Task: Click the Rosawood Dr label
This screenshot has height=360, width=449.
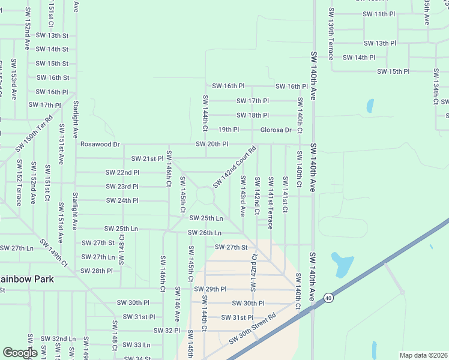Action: [x=100, y=145]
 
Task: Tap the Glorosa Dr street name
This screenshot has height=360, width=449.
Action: [x=276, y=130]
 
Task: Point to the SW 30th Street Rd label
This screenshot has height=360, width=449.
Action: [x=252, y=329]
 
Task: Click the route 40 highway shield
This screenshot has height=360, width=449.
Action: [x=328, y=297]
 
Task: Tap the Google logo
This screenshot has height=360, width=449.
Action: [x=20, y=353]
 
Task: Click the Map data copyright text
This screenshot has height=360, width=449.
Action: [x=423, y=355]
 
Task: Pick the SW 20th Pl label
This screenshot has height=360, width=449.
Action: [x=212, y=145]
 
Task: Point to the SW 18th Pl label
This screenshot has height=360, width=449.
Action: [x=253, y=115]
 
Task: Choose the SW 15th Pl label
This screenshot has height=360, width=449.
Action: [x=393, y=71]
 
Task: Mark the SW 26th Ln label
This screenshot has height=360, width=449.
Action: [x=204, y=233]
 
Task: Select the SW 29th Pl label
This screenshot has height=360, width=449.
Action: [x=209, y=289]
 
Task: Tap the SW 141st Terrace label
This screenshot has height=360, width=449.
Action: [x=271, y=202]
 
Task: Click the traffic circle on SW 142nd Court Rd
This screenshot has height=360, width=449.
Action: [x=205, y=195]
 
